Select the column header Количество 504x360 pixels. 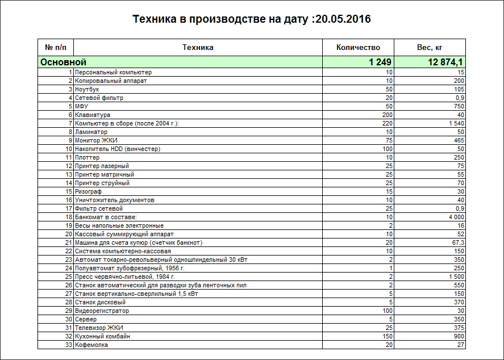point(358,47)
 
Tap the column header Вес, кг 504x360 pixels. point(430,47)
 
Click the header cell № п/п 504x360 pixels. point(56,47)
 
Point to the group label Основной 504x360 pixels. point(63,62)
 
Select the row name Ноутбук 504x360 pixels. point(87,89)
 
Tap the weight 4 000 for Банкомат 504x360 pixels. point(456,217)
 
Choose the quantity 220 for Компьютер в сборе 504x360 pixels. point(387,123)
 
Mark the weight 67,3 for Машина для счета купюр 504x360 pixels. point(458,242)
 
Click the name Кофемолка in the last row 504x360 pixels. point(91,345)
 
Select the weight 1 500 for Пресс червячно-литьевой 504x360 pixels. point(456,277)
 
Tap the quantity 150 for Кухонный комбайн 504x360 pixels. point(387,336)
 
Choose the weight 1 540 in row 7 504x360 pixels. point(456,123)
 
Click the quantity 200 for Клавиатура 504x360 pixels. point(387,115)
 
